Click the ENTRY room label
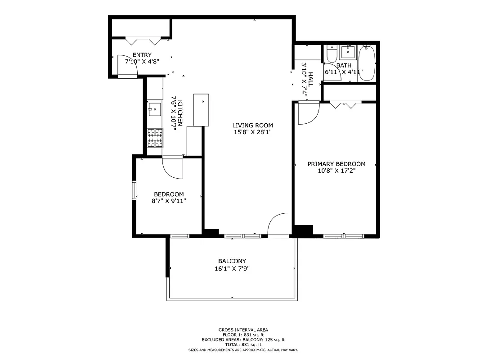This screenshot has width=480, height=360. tap(142, 55)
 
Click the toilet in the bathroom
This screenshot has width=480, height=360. tap(332, 54)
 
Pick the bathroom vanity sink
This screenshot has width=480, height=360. tap(348, 52)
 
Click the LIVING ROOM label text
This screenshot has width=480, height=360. tap(252, 125)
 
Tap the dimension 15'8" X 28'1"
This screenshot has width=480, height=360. tap(252, 132)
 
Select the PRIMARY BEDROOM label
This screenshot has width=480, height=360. tap(336, 164)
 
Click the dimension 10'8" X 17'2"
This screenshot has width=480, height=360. tap(336, 171)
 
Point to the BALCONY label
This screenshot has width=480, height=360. tap(232, 261)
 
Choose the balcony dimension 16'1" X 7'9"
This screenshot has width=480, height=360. tap(232, 269)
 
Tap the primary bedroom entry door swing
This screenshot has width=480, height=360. tap(308, 113)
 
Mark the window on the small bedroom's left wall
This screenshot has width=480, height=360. tap(134, 190)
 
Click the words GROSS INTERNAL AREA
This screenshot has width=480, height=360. tap(243, 330)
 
